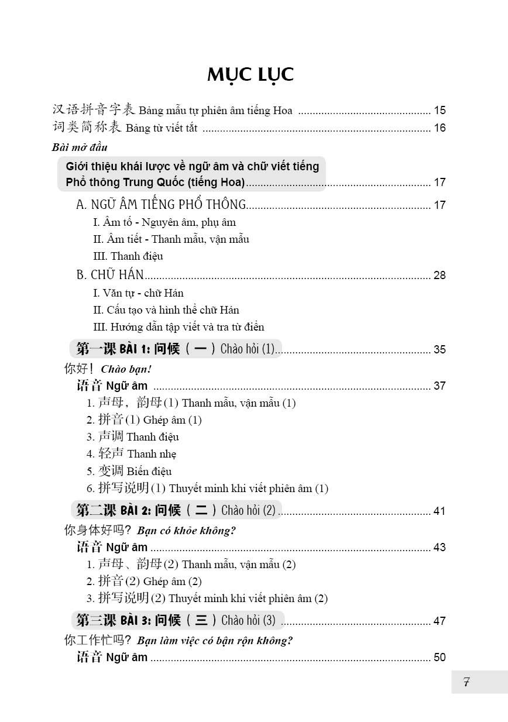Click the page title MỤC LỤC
coord(250,75)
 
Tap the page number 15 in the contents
coord(440,110)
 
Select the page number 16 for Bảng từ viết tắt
coord(440,128)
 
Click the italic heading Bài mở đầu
coord(80,147)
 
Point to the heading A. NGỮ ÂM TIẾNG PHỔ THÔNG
coord(162,205)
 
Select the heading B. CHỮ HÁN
coord(110,275)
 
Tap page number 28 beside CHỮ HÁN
coord(440,276)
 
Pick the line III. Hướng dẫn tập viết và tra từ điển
coord(179,327)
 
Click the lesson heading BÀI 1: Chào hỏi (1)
coord(176,349)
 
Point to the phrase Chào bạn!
coord(126,369)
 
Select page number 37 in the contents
coord(440,386)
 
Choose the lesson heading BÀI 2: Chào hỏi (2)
coord(176,510)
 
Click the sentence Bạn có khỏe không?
coord(187,531)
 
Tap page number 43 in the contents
coord(440,547)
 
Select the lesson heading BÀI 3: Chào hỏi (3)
coord(176,620)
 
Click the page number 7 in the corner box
coord(466,682)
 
